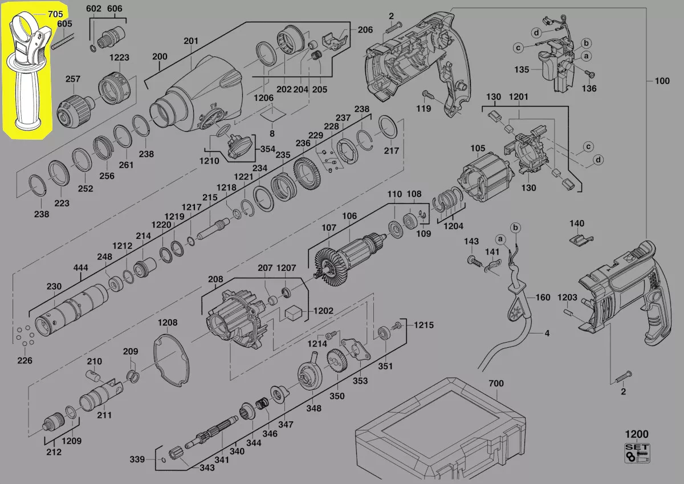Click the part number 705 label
click(x=56, y=14)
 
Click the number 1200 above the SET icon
click(x=637, y=434)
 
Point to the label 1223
click(x=120, y=58)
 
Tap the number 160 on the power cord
click(x=543, y=298)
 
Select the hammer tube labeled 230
click(x=71, y=311)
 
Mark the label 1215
click(x=424, y=325)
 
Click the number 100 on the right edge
click(x=662, y=81)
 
